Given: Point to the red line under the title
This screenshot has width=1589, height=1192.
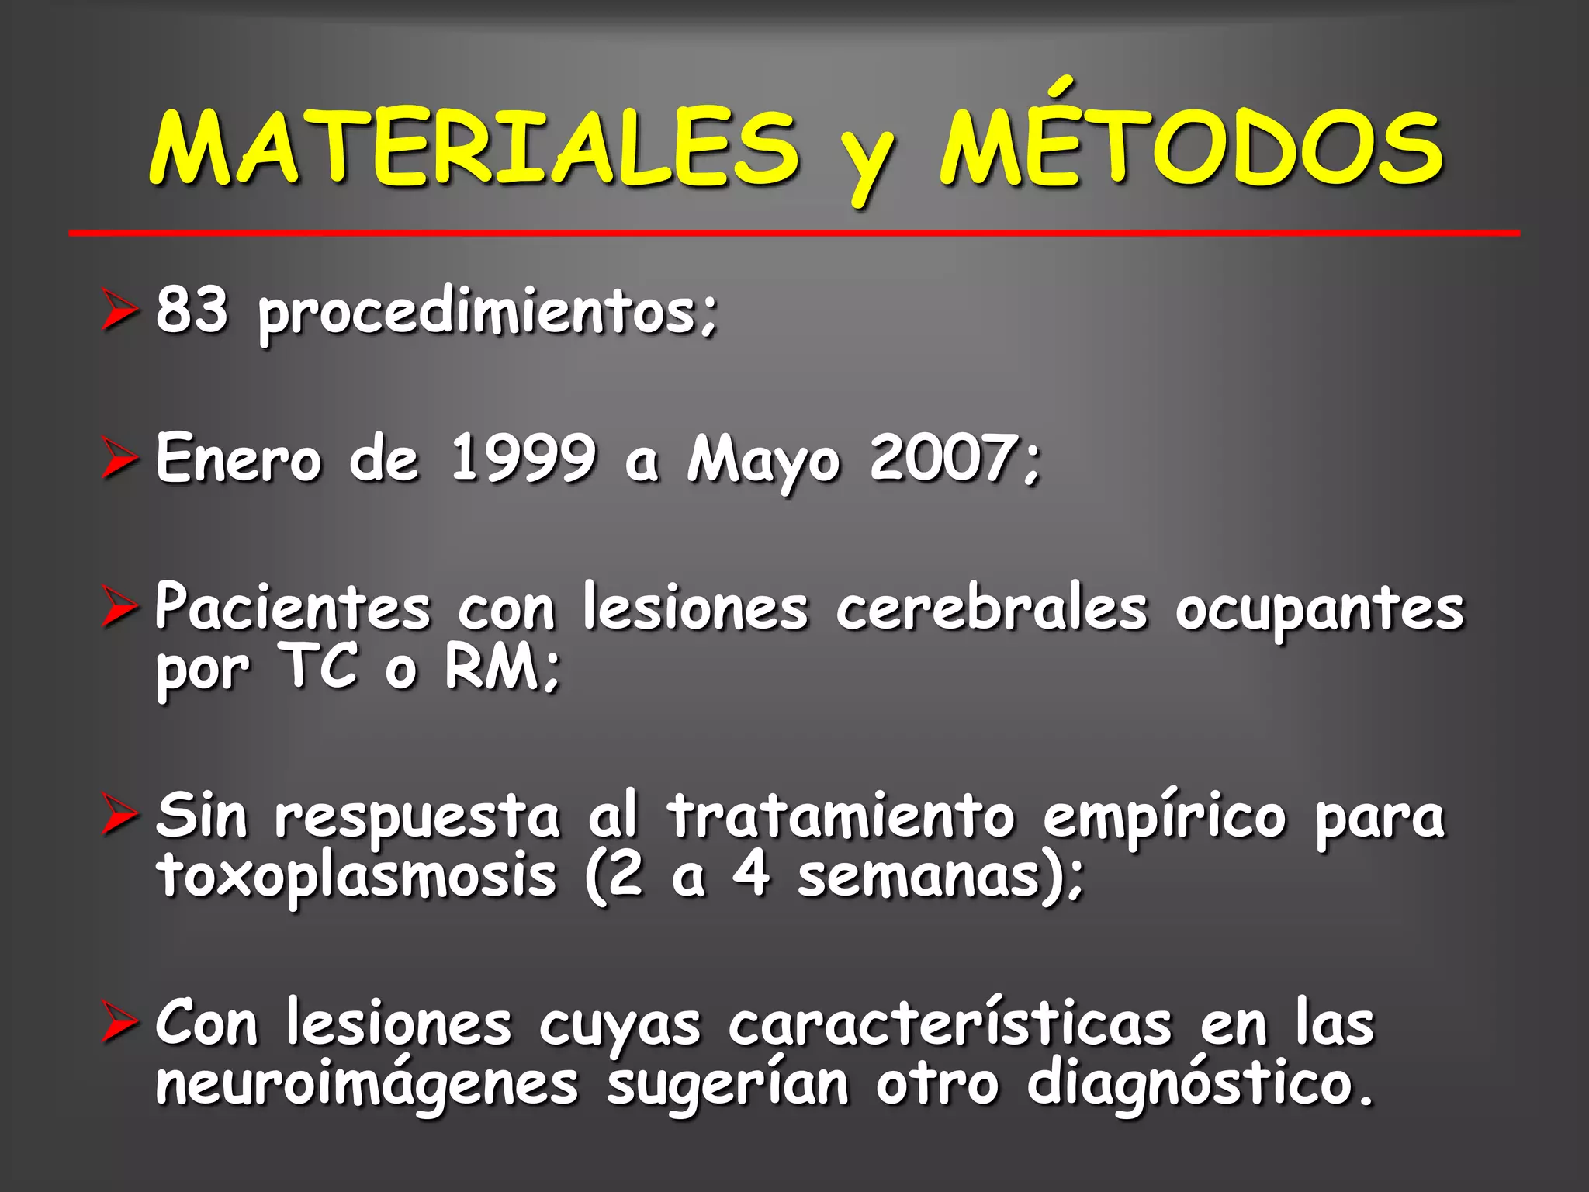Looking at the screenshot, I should (x=794, y=233).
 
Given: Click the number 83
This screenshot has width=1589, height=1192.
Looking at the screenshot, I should (x=192, y=310).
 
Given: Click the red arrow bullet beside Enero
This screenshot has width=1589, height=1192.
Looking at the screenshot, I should (x=119, y=459).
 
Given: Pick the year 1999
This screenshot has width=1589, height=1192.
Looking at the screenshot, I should (x=524, y=458).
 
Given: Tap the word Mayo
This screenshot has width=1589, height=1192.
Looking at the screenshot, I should (x=763, y=461).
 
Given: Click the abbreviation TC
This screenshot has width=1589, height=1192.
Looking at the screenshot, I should (x=320, y=667).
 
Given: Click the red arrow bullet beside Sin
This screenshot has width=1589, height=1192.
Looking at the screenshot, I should (x=119, y=818).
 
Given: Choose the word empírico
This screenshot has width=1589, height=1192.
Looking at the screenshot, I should (x=1164, y=818).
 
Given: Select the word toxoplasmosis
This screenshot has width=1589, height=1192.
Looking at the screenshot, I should (x=357, y=877).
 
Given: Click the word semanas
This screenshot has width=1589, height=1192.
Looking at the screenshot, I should (x=919, y=877).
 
